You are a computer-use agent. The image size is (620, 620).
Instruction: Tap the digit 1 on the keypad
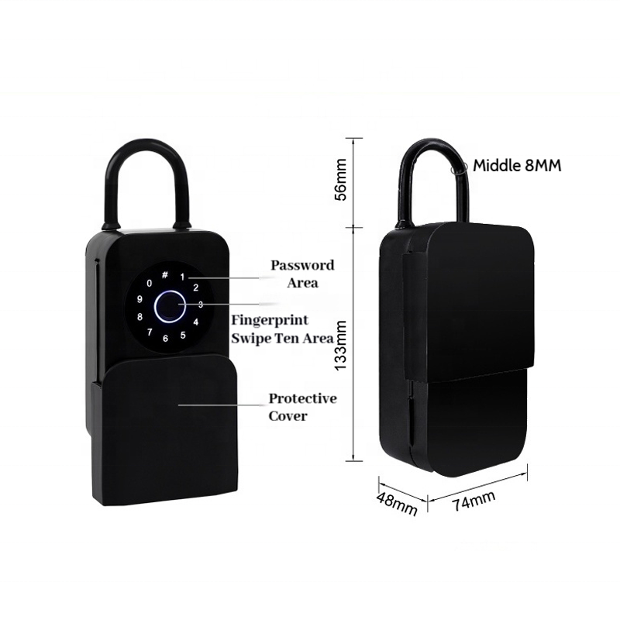(183, 277)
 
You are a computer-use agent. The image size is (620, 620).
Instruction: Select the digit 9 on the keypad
(139, 300)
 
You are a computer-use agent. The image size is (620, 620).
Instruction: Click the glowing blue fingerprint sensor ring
(167, 306)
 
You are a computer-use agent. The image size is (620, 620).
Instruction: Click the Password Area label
(301, 274)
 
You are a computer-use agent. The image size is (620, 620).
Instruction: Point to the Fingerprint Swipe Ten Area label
(282, 329)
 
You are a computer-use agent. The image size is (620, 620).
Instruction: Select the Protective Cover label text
(302, 406)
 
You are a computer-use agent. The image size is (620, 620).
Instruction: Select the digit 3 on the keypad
(200, 305)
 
